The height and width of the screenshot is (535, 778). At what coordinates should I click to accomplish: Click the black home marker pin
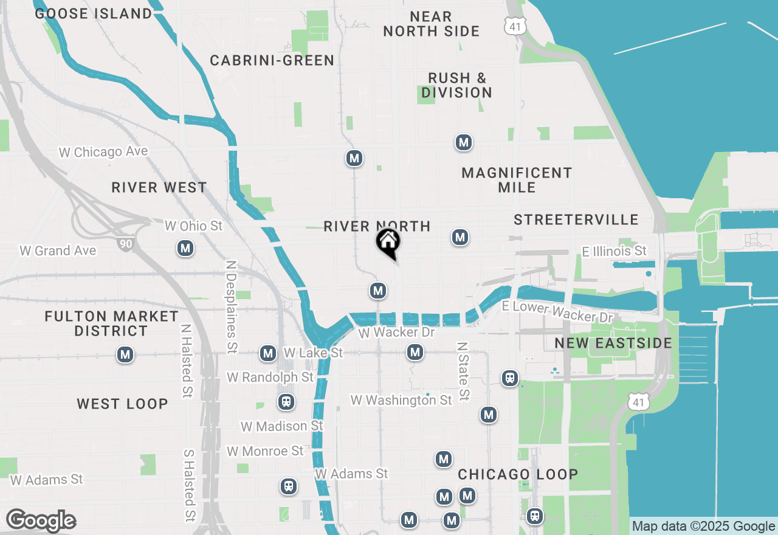click(388, 242)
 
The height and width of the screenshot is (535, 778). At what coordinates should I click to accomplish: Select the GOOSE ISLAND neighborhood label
click(93, 13)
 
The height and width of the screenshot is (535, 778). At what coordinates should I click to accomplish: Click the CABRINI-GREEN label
click(272, 60)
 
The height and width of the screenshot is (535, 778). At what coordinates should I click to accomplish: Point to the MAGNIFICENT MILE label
click(517, 180)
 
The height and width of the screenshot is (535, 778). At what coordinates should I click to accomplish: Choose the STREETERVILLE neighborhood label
click(576, 219)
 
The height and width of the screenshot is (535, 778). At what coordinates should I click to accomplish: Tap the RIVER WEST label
click(159, 187)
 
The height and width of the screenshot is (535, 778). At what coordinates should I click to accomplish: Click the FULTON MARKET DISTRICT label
click(111, 323)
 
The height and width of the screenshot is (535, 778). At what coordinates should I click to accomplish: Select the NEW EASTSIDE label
click(613, 343)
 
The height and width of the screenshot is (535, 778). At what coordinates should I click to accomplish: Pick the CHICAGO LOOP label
click(518, 474)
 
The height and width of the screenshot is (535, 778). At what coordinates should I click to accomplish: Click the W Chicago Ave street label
click(103, 151)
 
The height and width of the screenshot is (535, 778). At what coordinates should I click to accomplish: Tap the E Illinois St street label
click(614, 250)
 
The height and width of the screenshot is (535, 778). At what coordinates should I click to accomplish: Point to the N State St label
click(463, 371)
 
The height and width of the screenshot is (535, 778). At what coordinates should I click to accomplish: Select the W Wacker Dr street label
click(396, 333)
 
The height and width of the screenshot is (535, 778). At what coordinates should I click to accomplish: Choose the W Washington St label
click(401, 400)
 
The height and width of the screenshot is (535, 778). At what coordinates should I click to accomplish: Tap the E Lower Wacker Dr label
click(558, 312)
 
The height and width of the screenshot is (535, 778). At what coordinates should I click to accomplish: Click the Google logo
click(41, 521)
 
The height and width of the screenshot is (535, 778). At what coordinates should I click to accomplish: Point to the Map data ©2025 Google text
click(703, 526)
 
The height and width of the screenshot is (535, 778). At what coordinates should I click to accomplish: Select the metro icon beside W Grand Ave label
click(185, 248)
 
